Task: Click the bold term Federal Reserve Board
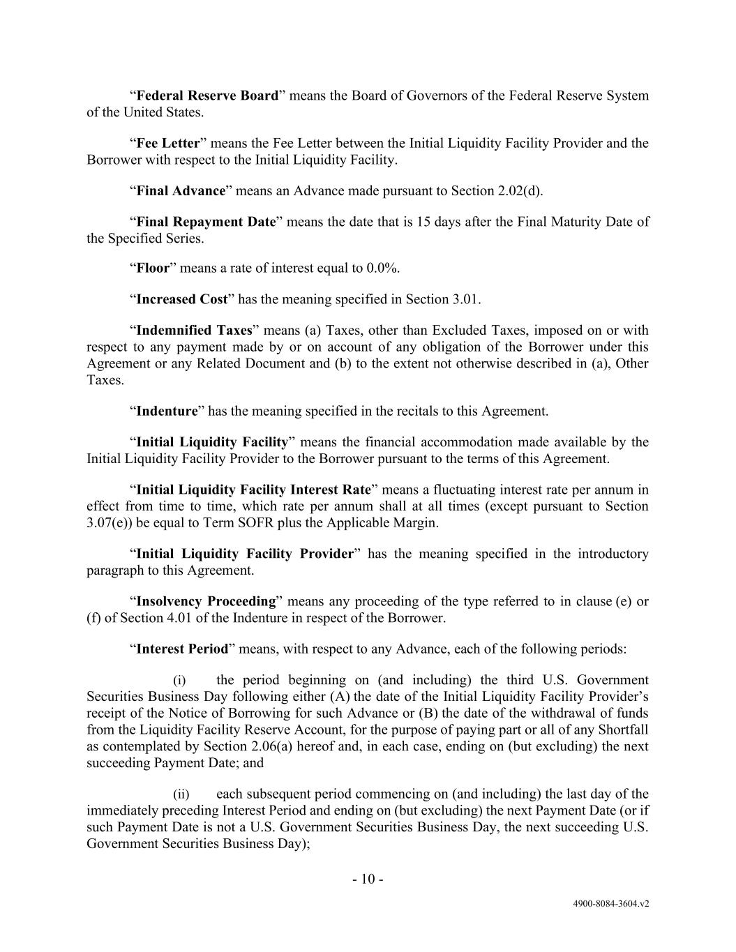(207, 96)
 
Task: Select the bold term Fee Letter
(167, 143)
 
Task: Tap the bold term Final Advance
(181, 190)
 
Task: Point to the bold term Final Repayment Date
(206, 222)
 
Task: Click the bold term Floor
(153, 269)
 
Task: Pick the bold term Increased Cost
(181, 299)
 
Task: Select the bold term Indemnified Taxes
(193, 330)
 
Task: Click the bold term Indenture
(167, 411)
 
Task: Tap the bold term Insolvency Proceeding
(206, 601)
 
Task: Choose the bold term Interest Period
(182, 649)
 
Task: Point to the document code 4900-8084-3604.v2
(611, 903)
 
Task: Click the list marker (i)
(180, 680)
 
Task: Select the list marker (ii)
(181, 794)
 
